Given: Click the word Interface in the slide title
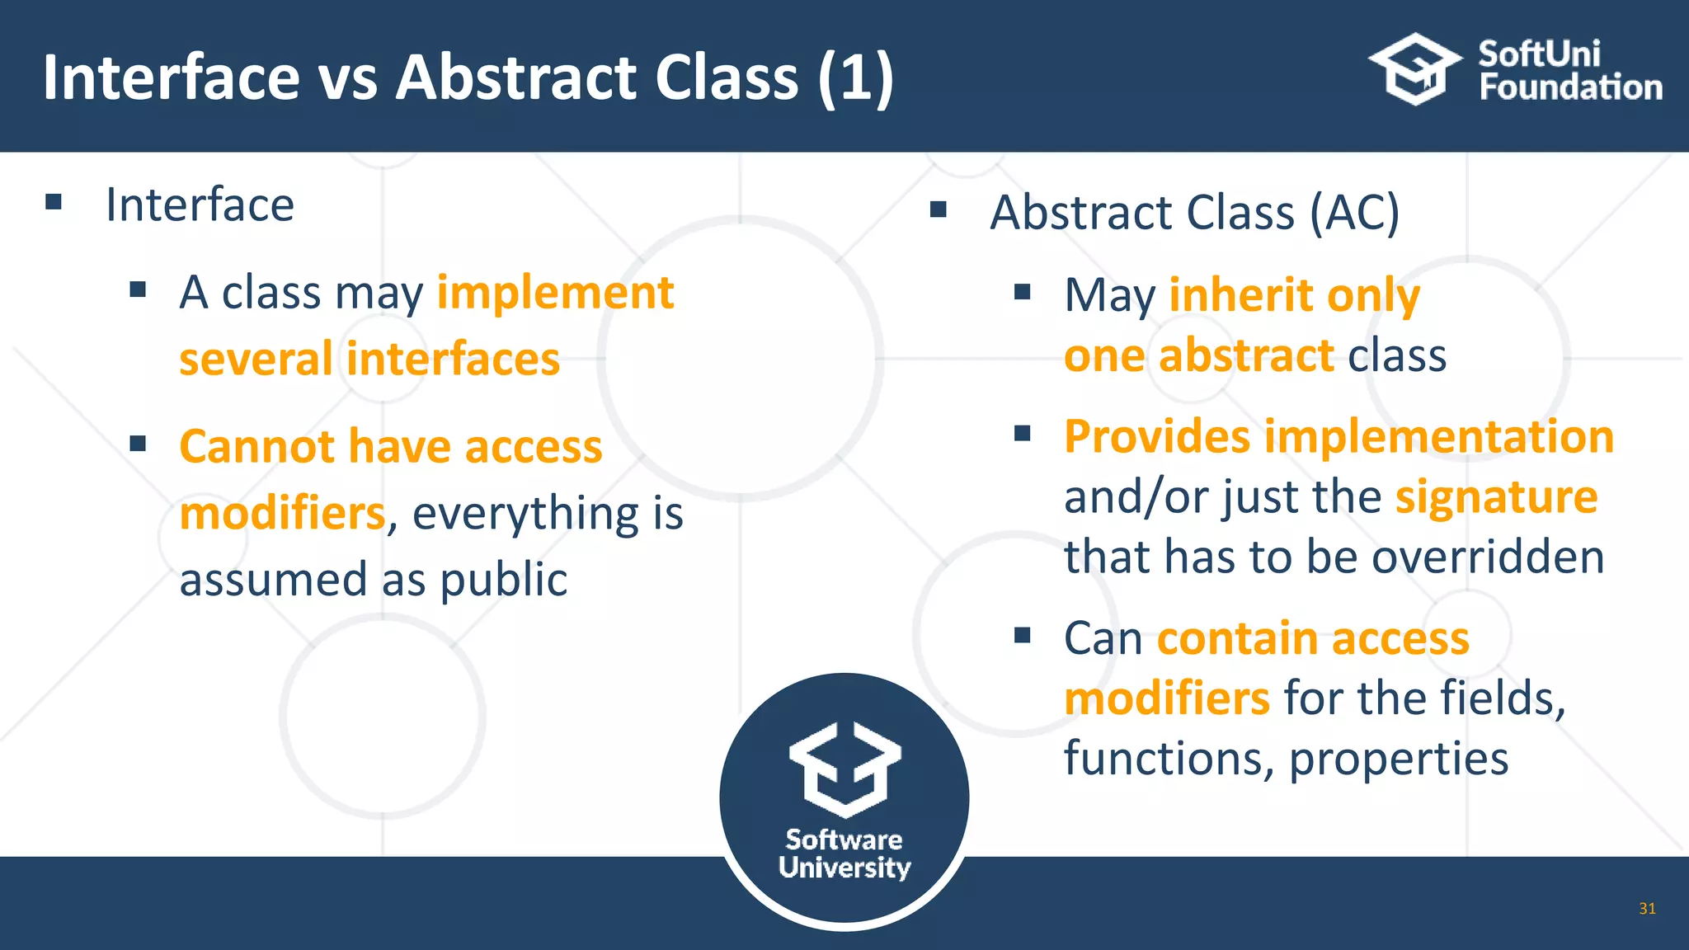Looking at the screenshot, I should [172, 78].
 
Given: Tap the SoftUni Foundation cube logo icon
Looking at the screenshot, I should [1415, 69].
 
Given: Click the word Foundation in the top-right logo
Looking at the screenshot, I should [1570, 87].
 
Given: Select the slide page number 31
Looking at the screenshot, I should [1647, 909].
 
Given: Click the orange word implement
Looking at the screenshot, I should [555, 293].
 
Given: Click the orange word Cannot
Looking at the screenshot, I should [256, 447].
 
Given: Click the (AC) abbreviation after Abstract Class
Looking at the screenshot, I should [1355, 213].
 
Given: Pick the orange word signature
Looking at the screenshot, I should [1496, 496].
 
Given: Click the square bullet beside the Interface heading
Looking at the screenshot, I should [54, 202].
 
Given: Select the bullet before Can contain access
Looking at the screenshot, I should [1023, 635].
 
